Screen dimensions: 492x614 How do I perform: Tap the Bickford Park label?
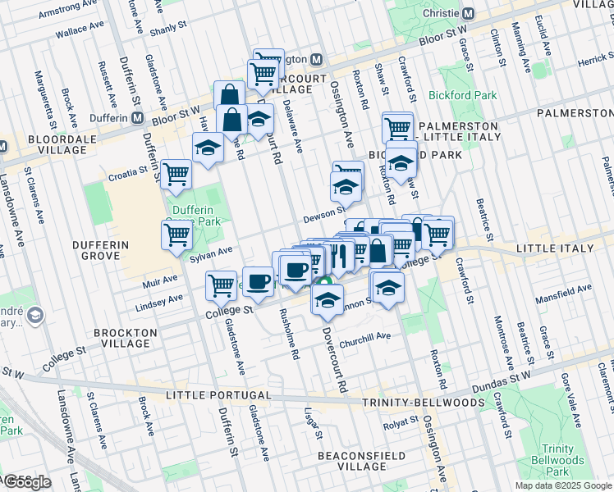click(x=462, y=95)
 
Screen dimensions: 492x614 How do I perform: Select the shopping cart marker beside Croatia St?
click(x=176, y=174)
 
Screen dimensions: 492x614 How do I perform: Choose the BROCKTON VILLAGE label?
click(x=125, y=339)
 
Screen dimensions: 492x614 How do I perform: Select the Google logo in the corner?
click(x=26, y=481)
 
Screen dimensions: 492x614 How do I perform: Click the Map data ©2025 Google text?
click(x=563, y=485)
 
